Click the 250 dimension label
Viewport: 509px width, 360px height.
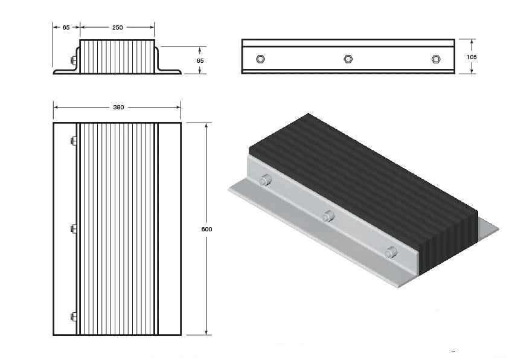117,27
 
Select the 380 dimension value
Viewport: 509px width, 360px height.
118,108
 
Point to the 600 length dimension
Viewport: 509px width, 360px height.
207,230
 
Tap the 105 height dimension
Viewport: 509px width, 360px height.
472,56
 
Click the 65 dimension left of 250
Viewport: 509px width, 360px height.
66,27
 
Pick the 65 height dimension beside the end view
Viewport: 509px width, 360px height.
200,60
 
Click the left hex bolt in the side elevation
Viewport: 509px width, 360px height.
260,59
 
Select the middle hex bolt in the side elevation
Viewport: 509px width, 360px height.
348,59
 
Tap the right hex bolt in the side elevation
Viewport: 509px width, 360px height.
436,59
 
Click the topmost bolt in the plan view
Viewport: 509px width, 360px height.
74,141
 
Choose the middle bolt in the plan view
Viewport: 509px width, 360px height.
74,229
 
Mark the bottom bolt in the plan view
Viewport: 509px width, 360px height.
74,317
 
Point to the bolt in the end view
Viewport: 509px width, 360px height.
73,60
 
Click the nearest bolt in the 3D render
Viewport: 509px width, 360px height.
391,252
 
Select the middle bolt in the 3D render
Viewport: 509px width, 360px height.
328,216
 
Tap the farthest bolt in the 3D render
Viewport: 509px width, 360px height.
264,180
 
